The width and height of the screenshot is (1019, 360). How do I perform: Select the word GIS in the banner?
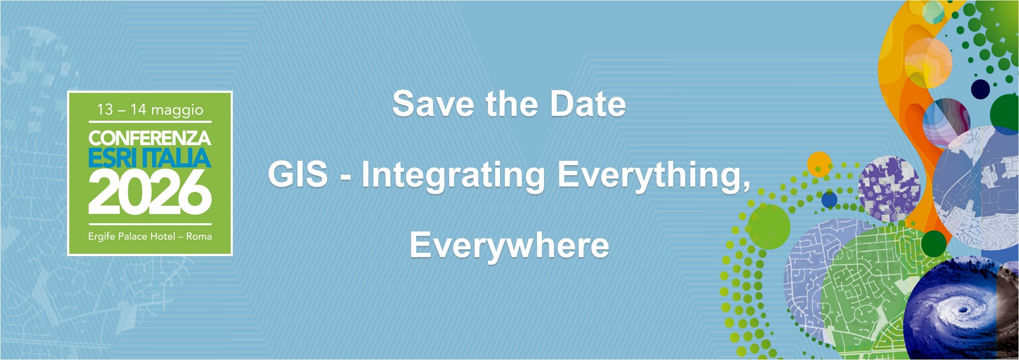(x=297, y=174)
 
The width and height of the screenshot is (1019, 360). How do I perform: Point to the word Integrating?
(x=453, y=175)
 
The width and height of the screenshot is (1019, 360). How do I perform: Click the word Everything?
(x=654, y=175)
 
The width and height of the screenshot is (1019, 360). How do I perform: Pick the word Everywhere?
(x=509, y=245)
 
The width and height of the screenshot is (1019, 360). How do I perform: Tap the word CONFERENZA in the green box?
(x=149, y=138)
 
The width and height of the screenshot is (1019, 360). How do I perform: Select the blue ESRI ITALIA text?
(x=149, y=158)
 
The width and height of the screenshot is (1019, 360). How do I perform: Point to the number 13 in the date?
(x=105, y=110)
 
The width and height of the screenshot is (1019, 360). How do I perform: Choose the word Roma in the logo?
(x=199, y=236)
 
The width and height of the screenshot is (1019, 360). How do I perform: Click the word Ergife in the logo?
(x=102, y=236)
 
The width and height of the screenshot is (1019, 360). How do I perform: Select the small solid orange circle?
(x=819, y=164)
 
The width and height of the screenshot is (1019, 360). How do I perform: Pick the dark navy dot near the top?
(x=980, y=89)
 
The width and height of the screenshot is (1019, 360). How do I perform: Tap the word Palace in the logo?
(x=133, y=236)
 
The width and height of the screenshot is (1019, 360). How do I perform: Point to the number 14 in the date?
(x=138, y=110)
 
